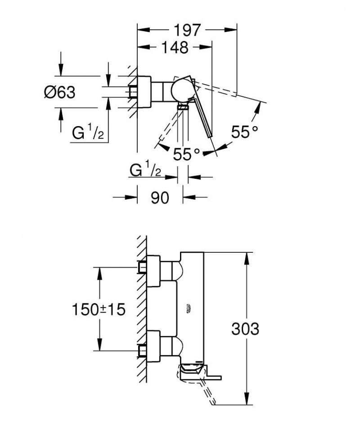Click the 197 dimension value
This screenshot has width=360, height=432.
coord(187,31)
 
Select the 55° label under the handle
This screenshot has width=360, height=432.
coord(186,154)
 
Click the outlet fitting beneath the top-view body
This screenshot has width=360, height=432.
coord(183,107)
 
